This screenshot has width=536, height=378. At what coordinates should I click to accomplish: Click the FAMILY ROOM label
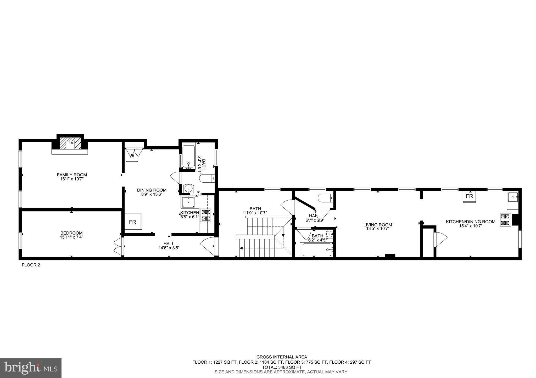point(72,175)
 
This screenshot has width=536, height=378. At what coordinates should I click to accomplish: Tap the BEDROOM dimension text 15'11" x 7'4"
point(71,237)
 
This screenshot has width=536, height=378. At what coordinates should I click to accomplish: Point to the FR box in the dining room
point(133,222)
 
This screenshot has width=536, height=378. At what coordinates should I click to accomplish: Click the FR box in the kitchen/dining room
point(470,196)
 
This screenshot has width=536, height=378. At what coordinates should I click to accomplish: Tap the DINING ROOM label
point(152,190)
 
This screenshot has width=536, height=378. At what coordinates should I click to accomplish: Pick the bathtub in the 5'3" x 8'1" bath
point(188,156)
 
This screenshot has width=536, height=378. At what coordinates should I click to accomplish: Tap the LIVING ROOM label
point(378,225)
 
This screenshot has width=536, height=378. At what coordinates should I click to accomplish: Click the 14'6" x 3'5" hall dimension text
point(169,248)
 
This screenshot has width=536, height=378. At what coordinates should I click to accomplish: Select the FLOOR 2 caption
point(31,265)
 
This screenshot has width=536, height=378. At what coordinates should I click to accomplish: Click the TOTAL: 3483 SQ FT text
point(282,367)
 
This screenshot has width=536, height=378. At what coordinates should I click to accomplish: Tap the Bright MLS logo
point(31,368)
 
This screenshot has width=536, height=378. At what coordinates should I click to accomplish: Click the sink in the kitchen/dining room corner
point(513,197)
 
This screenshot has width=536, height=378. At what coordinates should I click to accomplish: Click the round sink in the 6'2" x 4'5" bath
point(330,234)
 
